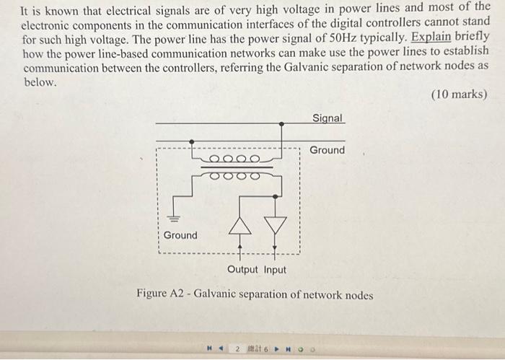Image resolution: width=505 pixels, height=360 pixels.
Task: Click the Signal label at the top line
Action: (x=328, y=118)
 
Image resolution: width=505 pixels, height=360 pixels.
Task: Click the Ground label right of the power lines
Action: (x=328, y=150)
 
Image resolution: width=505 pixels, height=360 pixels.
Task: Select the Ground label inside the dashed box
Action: (x=180, y=235)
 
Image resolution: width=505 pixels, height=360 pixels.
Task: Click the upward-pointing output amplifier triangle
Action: (x=240, y=225)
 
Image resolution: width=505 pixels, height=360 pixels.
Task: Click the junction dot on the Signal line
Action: (x=281, y=124)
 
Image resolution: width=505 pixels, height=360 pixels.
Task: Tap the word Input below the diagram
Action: (x=275, y=270)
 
